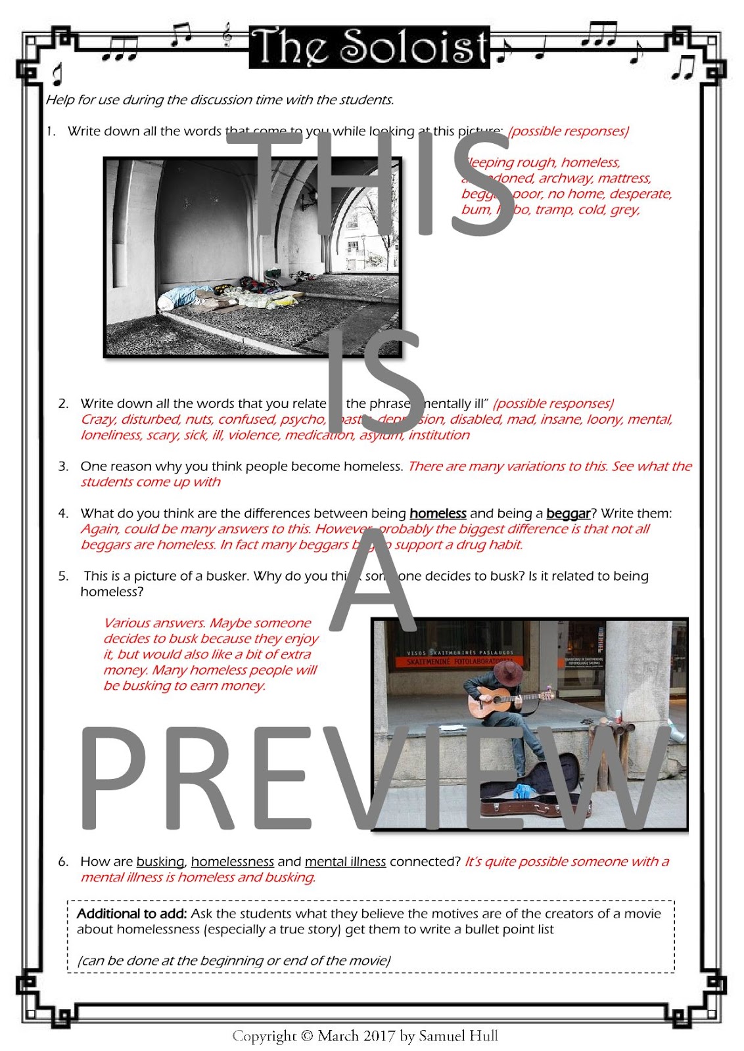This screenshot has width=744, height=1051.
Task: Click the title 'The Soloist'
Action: point(369,47)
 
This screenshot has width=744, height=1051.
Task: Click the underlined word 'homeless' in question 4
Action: point(438,514)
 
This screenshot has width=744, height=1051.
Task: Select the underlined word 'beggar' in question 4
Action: point(568,514)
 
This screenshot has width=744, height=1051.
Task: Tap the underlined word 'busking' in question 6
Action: point(160,862)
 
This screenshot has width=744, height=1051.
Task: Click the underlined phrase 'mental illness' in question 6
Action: point(345,862)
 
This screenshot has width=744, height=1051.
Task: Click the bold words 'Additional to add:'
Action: point(131,914)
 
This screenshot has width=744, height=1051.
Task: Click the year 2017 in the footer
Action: point(379,1037)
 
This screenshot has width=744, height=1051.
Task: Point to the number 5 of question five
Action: point(62,576)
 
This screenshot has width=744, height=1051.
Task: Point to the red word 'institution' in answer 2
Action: point(439,436)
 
